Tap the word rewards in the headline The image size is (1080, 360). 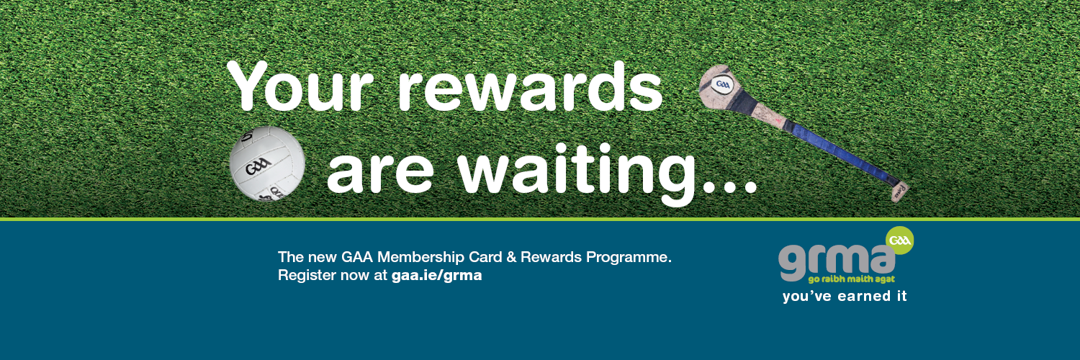[x=530, y=86]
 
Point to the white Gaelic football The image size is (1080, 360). [x=267, y=164]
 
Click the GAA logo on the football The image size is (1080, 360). [x=258, y=167]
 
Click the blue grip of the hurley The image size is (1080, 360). [x=839, y=153]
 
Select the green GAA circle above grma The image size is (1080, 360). [x=900, y=240]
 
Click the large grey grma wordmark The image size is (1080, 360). [x=837, y=262]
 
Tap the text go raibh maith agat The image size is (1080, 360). [x=852, y=279]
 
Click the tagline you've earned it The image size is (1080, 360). [x=845, y=296]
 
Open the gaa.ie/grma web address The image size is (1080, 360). [x=437, y=276]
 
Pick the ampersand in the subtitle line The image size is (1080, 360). [x=511, y=257]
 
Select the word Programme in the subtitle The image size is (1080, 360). [x=629, y=258]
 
